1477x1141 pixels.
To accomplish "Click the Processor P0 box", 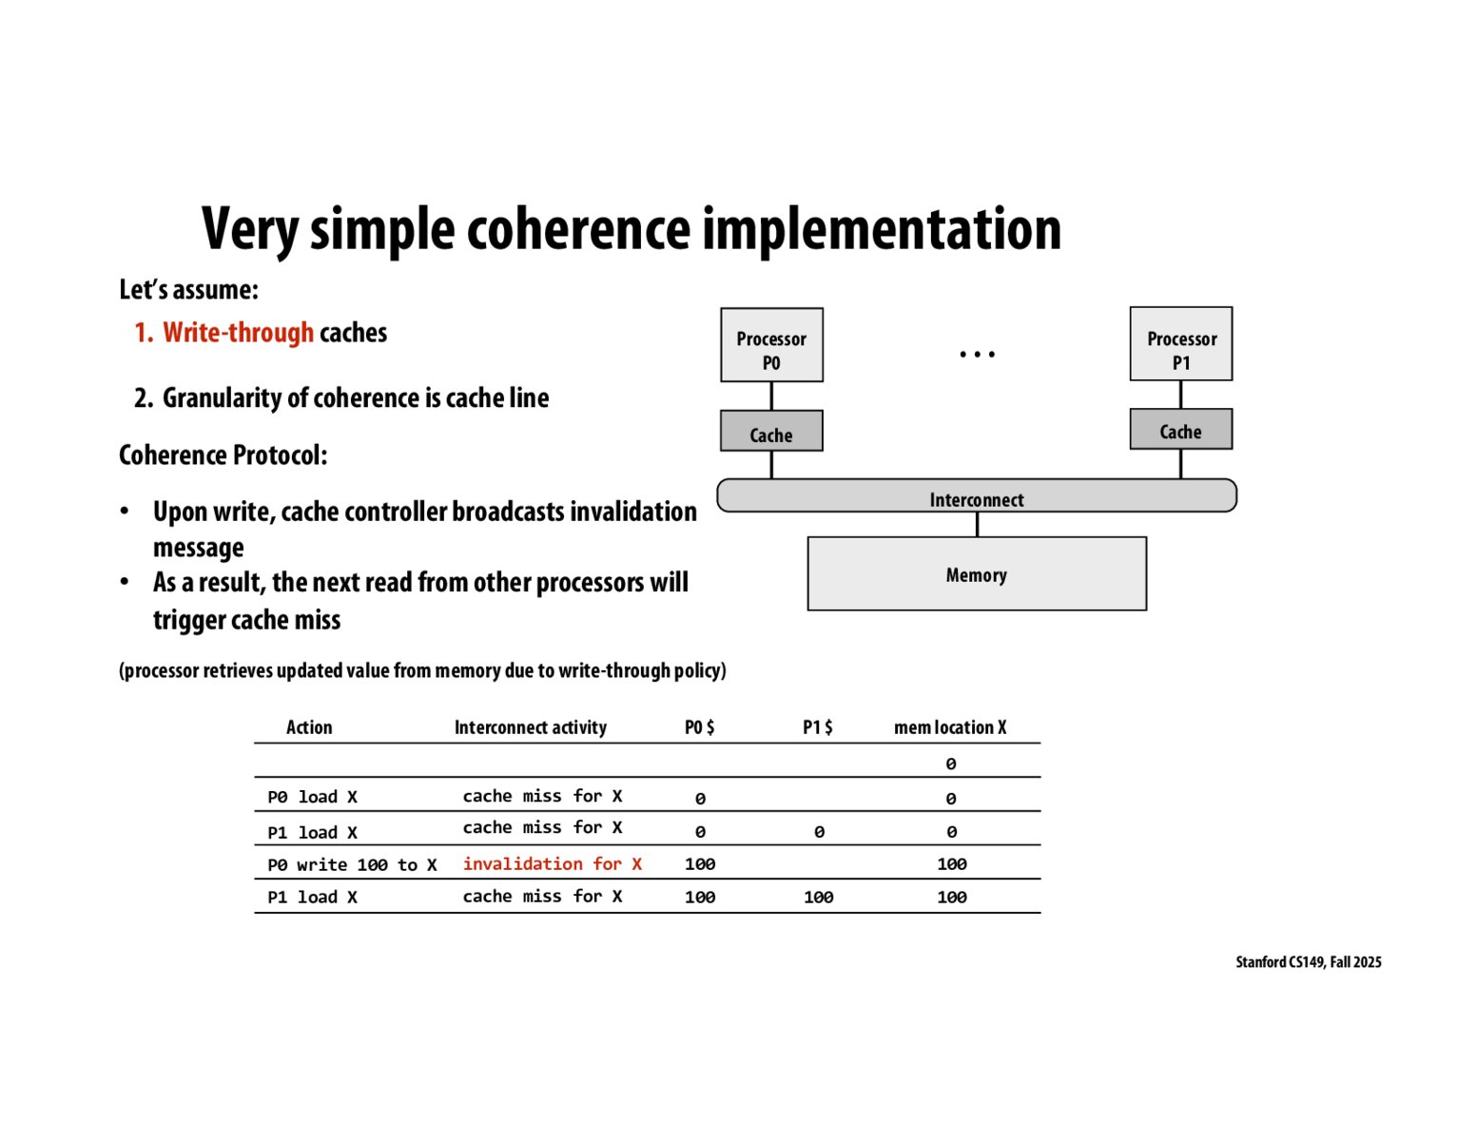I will (x=771, y=345).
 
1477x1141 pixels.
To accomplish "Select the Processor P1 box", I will (x=1180, y=344).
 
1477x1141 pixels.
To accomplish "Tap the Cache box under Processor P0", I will (x=771, y=432).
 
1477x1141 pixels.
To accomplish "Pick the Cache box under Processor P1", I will (x=1180, y=430).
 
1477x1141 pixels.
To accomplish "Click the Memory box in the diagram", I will (x=977, y=574).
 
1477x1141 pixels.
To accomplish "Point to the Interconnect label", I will (x=977, y=500).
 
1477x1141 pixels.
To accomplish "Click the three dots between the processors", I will (x=977, y=355).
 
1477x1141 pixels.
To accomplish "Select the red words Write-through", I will (x=238, y=333).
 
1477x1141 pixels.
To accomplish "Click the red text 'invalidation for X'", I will (x=552, y=863).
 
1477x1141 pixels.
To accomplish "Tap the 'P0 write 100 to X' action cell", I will (x=352, y=864).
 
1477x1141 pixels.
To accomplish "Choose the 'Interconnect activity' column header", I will (x=530, y=727).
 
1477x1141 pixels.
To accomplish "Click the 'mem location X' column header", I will (x=949, y=727).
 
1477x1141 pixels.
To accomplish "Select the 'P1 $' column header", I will (x=817, y=727).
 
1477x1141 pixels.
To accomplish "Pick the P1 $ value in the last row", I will (x=818, y=897).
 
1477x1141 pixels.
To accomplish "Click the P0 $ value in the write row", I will (x=700, y=863).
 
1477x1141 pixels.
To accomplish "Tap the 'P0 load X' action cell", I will (x=312, y=797).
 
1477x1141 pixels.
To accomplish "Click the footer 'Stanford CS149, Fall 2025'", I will (x=1308, y=962).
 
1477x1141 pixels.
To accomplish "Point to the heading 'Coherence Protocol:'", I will (x=223, y=455).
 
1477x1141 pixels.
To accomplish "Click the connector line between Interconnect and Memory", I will (x=978, y=524).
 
